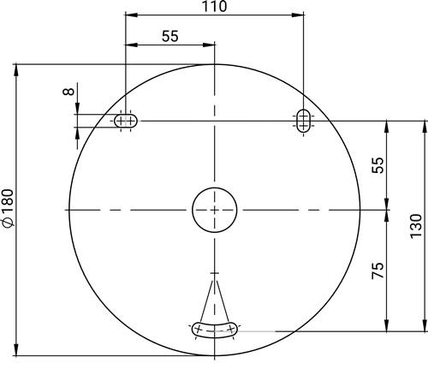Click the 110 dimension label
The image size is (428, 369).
tap(214, 6)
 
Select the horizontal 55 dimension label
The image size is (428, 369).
tap(170, 36)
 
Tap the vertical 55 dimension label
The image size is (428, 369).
tap(377, 165)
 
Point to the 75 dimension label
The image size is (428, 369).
tap(377, 271)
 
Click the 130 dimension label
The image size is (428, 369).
tap(416, 226)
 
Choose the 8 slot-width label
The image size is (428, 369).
tap(68, 92)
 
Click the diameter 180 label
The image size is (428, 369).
tap(8, 208)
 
